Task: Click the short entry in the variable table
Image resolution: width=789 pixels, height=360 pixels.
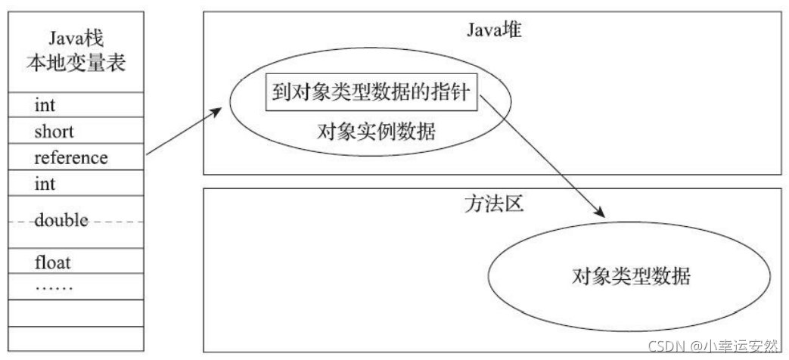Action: point(54,131)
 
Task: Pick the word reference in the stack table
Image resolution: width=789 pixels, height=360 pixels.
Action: point(70,157)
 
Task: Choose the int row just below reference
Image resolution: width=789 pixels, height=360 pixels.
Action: point(45,184)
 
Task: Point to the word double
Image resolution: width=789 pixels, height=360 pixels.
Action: point(61,221)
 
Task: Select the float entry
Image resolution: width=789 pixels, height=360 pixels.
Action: point(52,264)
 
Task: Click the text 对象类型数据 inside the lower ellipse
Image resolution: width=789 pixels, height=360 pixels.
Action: point(631,276)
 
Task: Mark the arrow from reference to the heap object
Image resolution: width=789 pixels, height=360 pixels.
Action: point(183,132)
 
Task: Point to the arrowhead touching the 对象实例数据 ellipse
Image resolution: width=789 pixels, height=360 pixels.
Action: point(217,112)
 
